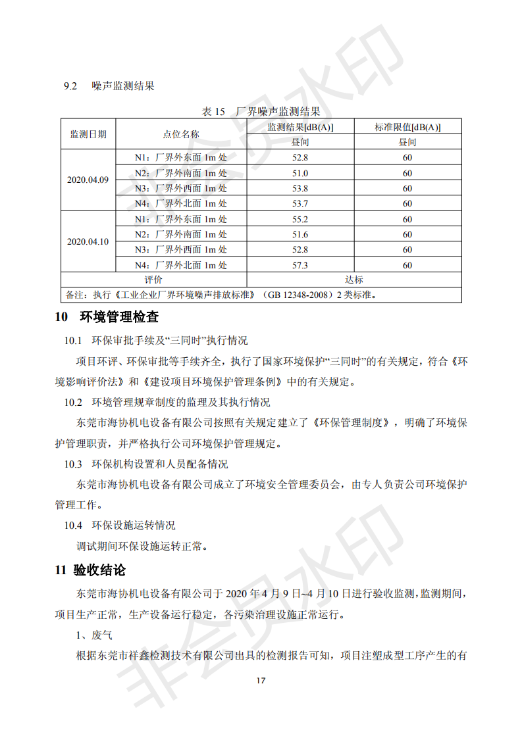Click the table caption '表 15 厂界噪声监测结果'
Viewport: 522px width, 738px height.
[x=261, y=111]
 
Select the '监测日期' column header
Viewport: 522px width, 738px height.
[x=88, y=134]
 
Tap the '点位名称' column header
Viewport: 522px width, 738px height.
[x=181, y=134]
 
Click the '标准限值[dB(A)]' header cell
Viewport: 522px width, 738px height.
[x=407, y=127]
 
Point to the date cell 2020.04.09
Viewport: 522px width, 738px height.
[x=88, y=180]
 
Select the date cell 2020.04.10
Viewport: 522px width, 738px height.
[x=88, y=241]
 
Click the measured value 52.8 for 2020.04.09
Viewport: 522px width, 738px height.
[x=300, y=158]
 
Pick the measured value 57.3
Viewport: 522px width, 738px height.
[x=300, y=265]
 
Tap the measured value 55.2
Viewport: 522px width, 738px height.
[x=300, y=219]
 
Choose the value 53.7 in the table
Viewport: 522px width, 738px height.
[x=300, y=204]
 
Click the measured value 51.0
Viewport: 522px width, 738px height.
[x=300, y=173]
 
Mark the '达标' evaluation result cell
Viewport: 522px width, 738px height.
[x=354, y=280]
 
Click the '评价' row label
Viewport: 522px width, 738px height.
[x=153, y=280]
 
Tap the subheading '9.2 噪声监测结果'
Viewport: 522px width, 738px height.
[x=109, y=86]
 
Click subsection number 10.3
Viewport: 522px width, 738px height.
[x=72, y=464]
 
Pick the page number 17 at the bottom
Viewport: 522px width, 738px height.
[x=261, y=680]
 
